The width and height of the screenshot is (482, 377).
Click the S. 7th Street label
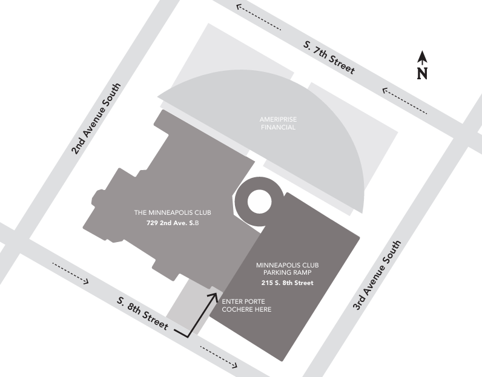click(329, 57)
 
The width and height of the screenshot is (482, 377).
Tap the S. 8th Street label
click(143, 313)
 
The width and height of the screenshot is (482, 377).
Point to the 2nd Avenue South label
click(96, 119)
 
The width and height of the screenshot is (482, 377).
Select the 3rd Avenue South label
click(377, 275)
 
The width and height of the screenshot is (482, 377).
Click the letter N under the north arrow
click(423, 73)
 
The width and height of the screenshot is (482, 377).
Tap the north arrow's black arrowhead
click(423, 57)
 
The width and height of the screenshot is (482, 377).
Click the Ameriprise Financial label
click(278, 123)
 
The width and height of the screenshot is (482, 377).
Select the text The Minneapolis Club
click(173, 212)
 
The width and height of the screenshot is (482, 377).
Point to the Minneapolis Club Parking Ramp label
click(288, 269)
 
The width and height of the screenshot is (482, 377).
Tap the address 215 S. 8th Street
click(288, 283)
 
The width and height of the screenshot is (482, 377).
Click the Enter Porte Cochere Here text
click(246, 306)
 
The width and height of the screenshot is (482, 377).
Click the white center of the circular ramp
click(259, 202)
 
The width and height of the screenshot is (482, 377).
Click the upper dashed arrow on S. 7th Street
click(258, 17)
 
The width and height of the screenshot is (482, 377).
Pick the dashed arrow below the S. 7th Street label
click(404, 101)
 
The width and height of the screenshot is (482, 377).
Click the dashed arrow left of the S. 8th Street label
click(71, 273)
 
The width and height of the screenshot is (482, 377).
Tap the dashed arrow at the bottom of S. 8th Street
click(219, 356)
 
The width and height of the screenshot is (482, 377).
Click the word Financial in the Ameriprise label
click(278, 127)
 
